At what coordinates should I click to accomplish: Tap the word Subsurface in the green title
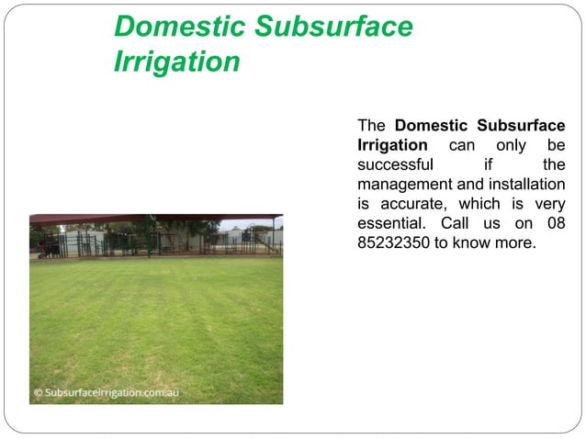(x=332, y=28)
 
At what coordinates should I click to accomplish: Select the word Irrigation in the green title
(x=177, y=62)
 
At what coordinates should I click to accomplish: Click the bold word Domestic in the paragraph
(x=434, y=125)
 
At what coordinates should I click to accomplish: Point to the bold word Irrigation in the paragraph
(x=391, y=145)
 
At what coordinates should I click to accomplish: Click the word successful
(x=395, y=165)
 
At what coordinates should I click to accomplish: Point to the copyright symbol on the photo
(x=38, y=392)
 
